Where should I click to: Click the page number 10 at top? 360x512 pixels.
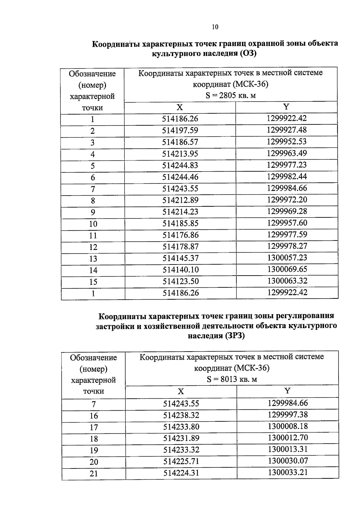point(215,27)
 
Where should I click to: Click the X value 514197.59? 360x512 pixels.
point(180,130)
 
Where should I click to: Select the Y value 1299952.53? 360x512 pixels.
point(287,142)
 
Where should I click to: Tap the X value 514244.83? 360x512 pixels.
point(180,165)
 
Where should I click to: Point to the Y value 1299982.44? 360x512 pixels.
point(287,176)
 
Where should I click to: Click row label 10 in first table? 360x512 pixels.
point(93,224)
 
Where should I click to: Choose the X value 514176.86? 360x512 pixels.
point(181,235)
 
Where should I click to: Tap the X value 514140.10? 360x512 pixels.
point(181,270)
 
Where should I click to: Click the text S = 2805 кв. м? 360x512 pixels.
point(230,96)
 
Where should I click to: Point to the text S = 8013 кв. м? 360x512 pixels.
point(232,379)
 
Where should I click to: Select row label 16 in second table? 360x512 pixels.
point(94,416)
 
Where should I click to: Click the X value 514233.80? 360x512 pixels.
point(181,427)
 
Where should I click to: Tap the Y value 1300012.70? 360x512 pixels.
point(288,438)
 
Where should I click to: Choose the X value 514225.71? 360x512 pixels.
point(181,461)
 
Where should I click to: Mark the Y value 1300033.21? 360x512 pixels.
point(288,473)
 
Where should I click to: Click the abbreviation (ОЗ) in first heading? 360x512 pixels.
point(247,54)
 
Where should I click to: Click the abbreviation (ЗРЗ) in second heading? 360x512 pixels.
point(234,336)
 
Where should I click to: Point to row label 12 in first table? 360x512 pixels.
point(93,247)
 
